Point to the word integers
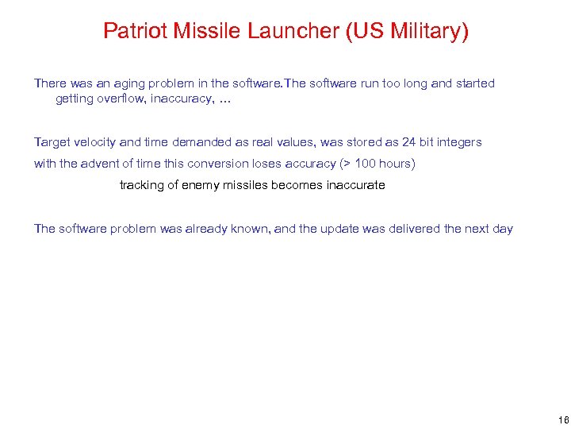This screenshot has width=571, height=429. [x=458, y=142]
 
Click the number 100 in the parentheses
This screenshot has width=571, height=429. [x=366, y=164]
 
